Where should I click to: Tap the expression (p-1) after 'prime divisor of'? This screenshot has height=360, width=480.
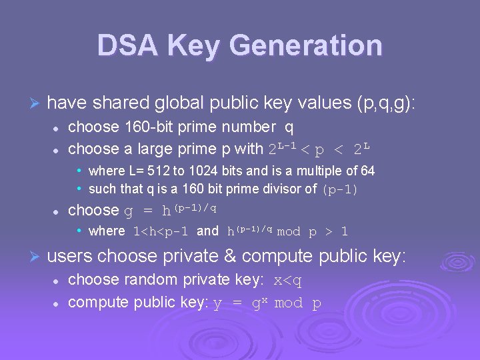pos(340,189)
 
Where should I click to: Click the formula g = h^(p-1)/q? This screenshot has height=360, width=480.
pos(171,210)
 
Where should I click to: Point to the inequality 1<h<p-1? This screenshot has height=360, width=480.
pos(161,231)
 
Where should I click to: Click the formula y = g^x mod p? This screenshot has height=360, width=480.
pos(267,303)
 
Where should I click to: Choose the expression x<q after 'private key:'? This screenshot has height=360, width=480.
pos(288,281)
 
